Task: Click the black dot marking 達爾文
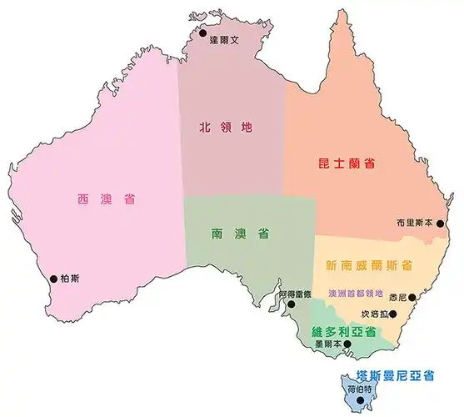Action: coord(202,33)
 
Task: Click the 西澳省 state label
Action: coord(107,199)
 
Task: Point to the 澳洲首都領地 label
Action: coord(356,294)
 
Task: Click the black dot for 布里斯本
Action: coord(441,224)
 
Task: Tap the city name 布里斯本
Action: coord(414,223)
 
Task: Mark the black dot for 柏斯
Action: coord(54,279)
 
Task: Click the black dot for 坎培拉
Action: coord(395,314)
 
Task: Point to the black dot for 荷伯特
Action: coord(360,400)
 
